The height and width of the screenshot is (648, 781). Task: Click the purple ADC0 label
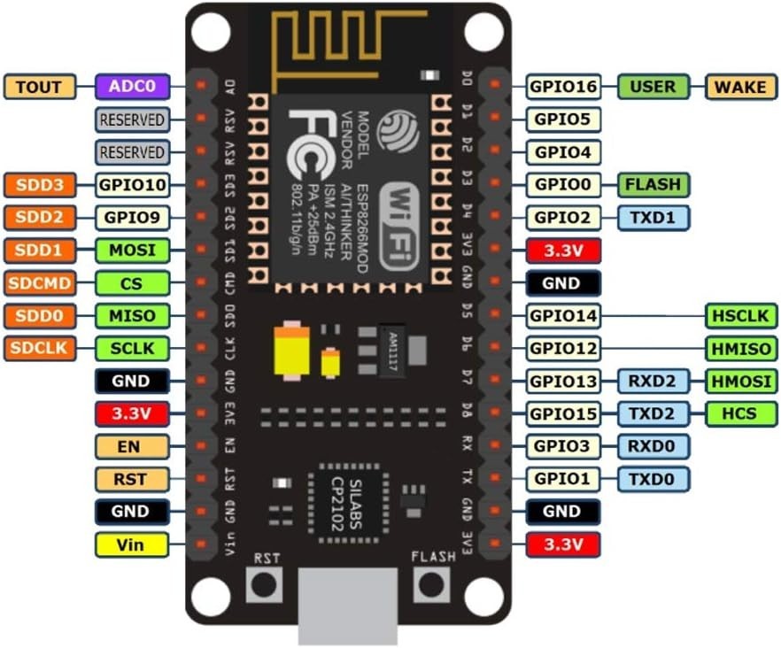pos(131,86)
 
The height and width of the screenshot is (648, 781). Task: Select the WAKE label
pos(741,87)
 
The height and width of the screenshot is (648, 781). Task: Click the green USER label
pos(653,87)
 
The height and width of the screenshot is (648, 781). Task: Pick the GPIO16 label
pos(563,87)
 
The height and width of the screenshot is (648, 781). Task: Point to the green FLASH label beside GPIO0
pos(653,184)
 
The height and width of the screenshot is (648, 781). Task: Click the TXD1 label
pos(653,217)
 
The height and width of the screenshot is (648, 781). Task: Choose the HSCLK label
pos(741,315)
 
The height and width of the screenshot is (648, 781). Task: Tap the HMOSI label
pos(741,381)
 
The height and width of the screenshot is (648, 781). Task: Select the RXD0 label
pos(653,445)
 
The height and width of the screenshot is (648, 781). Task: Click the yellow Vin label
pos(131,544)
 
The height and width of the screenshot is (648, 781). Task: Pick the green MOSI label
pos(131,251)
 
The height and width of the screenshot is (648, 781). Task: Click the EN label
pos(131,446)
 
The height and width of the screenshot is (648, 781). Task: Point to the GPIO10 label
pos(131,184)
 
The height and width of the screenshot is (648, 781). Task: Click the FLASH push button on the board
pos(432,584)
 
